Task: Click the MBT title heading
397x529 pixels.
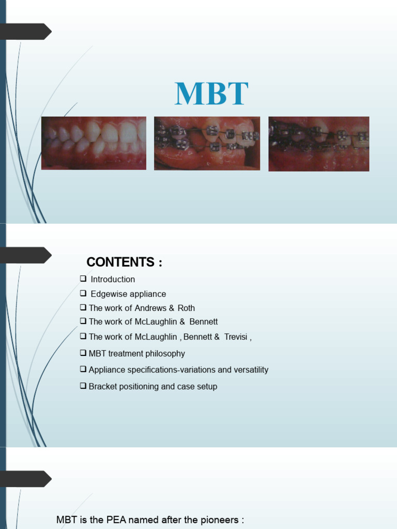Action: pos(211,94)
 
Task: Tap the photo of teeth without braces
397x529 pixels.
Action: pos(94,143)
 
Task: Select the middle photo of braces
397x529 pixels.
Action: pos(207,143)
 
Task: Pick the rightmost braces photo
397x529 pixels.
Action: pos(318,144)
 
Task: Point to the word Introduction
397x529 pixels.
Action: pos(113,279)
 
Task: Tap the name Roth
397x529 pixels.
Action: pos(186,308)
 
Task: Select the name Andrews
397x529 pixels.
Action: pos(150,308)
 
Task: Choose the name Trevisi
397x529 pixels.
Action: pos(234,337)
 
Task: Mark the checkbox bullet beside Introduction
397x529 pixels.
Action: pos(83,279)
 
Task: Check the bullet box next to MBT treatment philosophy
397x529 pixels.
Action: pos(83,353)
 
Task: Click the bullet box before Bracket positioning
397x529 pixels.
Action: pos(83,386)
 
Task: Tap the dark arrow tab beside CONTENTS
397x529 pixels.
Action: pos(26,255)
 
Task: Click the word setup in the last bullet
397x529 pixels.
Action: pos(207,386)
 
